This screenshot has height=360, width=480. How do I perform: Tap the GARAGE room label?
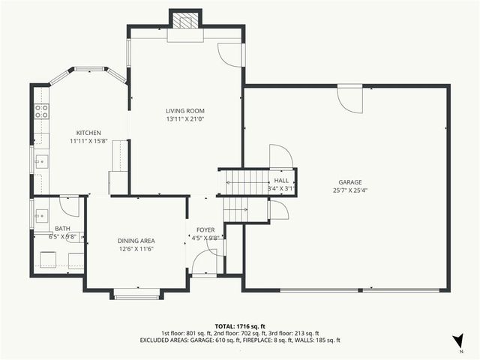349,181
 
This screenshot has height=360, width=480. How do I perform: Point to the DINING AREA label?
135,240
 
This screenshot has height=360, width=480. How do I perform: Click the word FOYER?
205,229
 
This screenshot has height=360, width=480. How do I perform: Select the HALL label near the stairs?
281,181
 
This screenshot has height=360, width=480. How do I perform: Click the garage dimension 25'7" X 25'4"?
349,190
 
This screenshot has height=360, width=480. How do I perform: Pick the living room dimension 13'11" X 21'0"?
185,118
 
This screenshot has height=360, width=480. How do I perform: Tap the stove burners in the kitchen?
41,112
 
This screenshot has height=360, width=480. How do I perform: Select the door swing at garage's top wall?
349,97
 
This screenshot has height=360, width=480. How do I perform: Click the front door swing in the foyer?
203,263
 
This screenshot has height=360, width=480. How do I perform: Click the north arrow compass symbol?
457,341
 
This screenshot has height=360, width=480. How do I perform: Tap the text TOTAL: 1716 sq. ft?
240,326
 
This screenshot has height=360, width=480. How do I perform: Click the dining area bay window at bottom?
136,294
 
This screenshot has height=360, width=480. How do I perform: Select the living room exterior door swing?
228,54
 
